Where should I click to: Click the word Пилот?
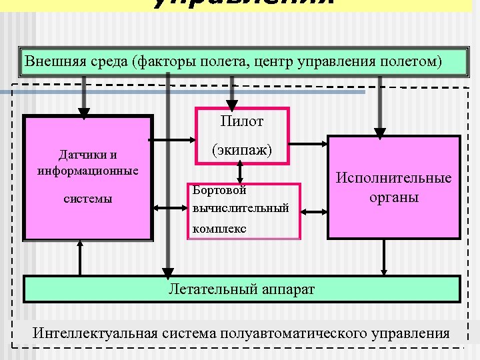(241, 121)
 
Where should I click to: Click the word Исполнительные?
(393, 178)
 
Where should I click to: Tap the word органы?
(393, 197)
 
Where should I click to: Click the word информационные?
(89, 170)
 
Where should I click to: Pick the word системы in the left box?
(88, 199)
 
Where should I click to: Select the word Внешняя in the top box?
(52, 62)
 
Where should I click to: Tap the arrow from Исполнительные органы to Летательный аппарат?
(385, 257)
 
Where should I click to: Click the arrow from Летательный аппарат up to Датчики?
(80, 257)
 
